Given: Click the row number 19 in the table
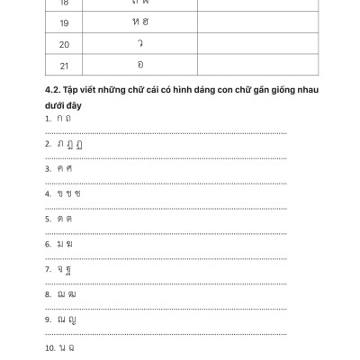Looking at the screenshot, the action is (x=64, y=22).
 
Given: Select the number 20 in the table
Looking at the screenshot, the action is (x=64, y=44).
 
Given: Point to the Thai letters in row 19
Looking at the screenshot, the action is (x=139, y=22).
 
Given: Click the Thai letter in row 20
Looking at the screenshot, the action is (x=139, y=44).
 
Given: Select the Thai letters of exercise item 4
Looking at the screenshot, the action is (x=68, y=193).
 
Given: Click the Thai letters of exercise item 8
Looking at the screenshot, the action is (x=67, y=293).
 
